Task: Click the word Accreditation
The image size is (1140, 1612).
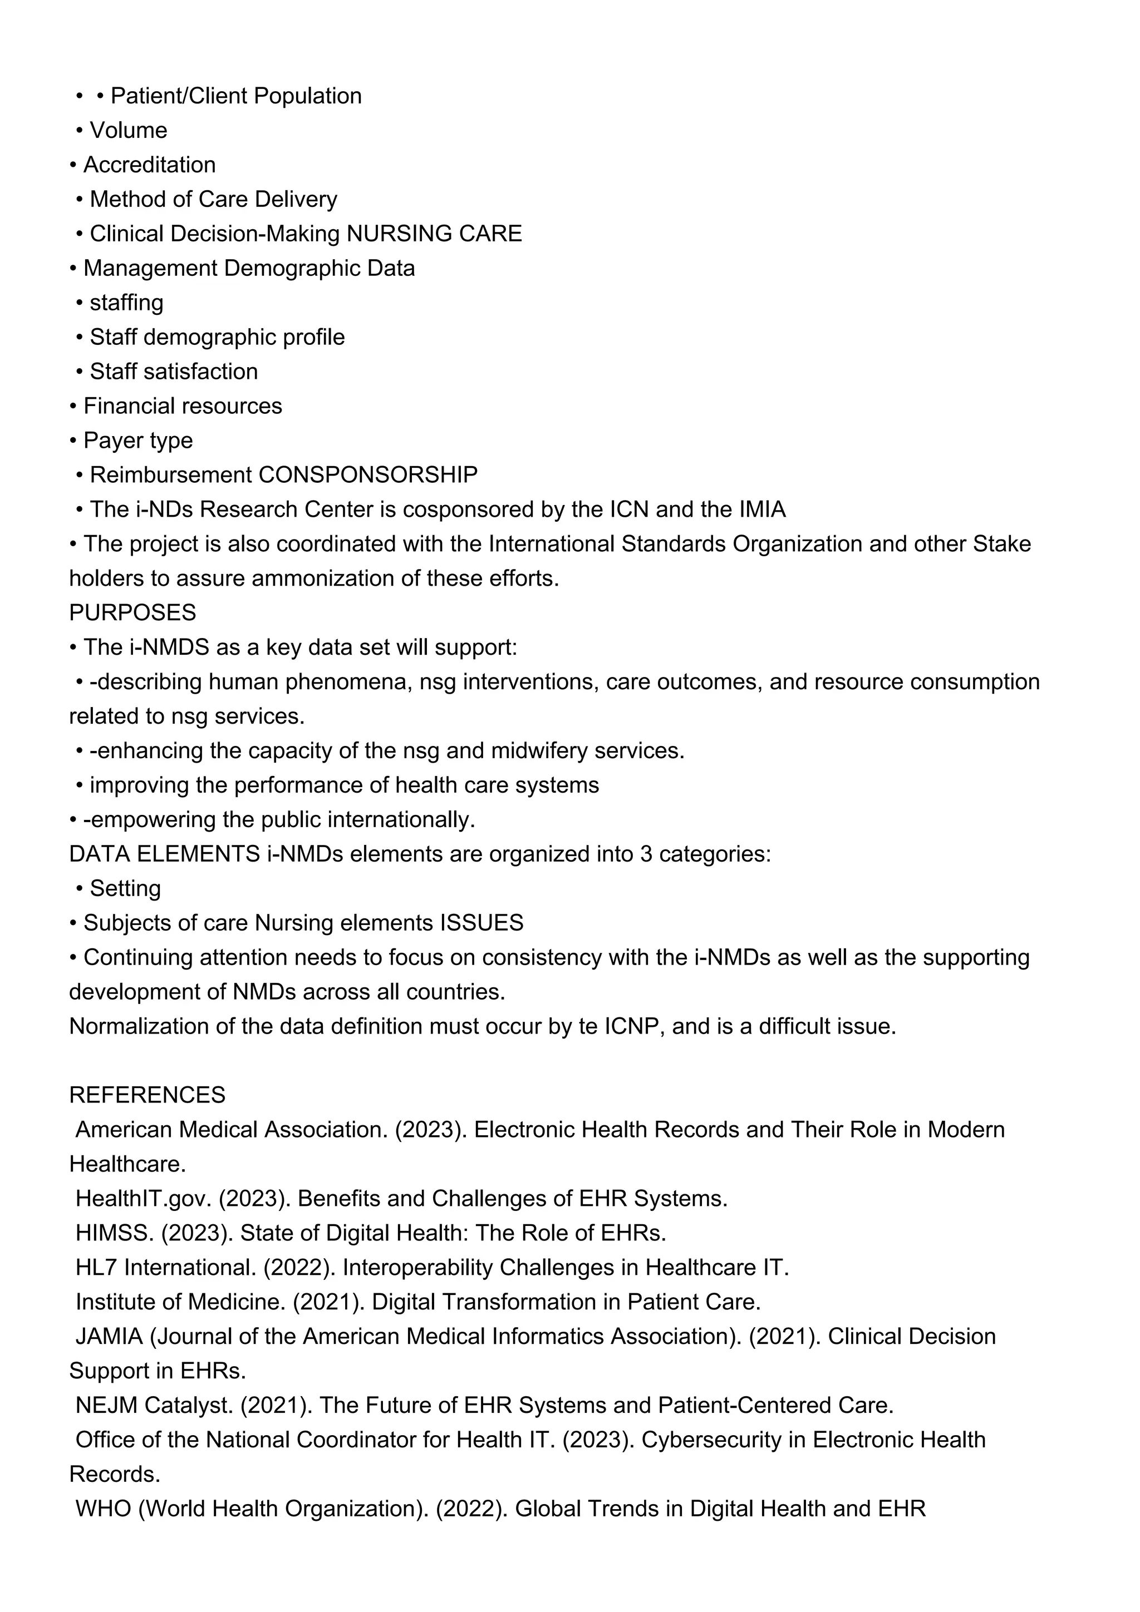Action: click(150, 165)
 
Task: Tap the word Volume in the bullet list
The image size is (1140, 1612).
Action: click(129, 131)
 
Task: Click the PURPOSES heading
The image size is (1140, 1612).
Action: click(132, 612)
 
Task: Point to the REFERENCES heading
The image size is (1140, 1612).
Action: click(148, 1095)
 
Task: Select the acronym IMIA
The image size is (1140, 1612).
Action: click(762, 509)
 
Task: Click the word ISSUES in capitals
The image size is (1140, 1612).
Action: click(482, 923)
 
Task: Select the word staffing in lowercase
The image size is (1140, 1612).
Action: click(126, 303)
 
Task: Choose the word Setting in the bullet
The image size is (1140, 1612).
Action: click(125, 889)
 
